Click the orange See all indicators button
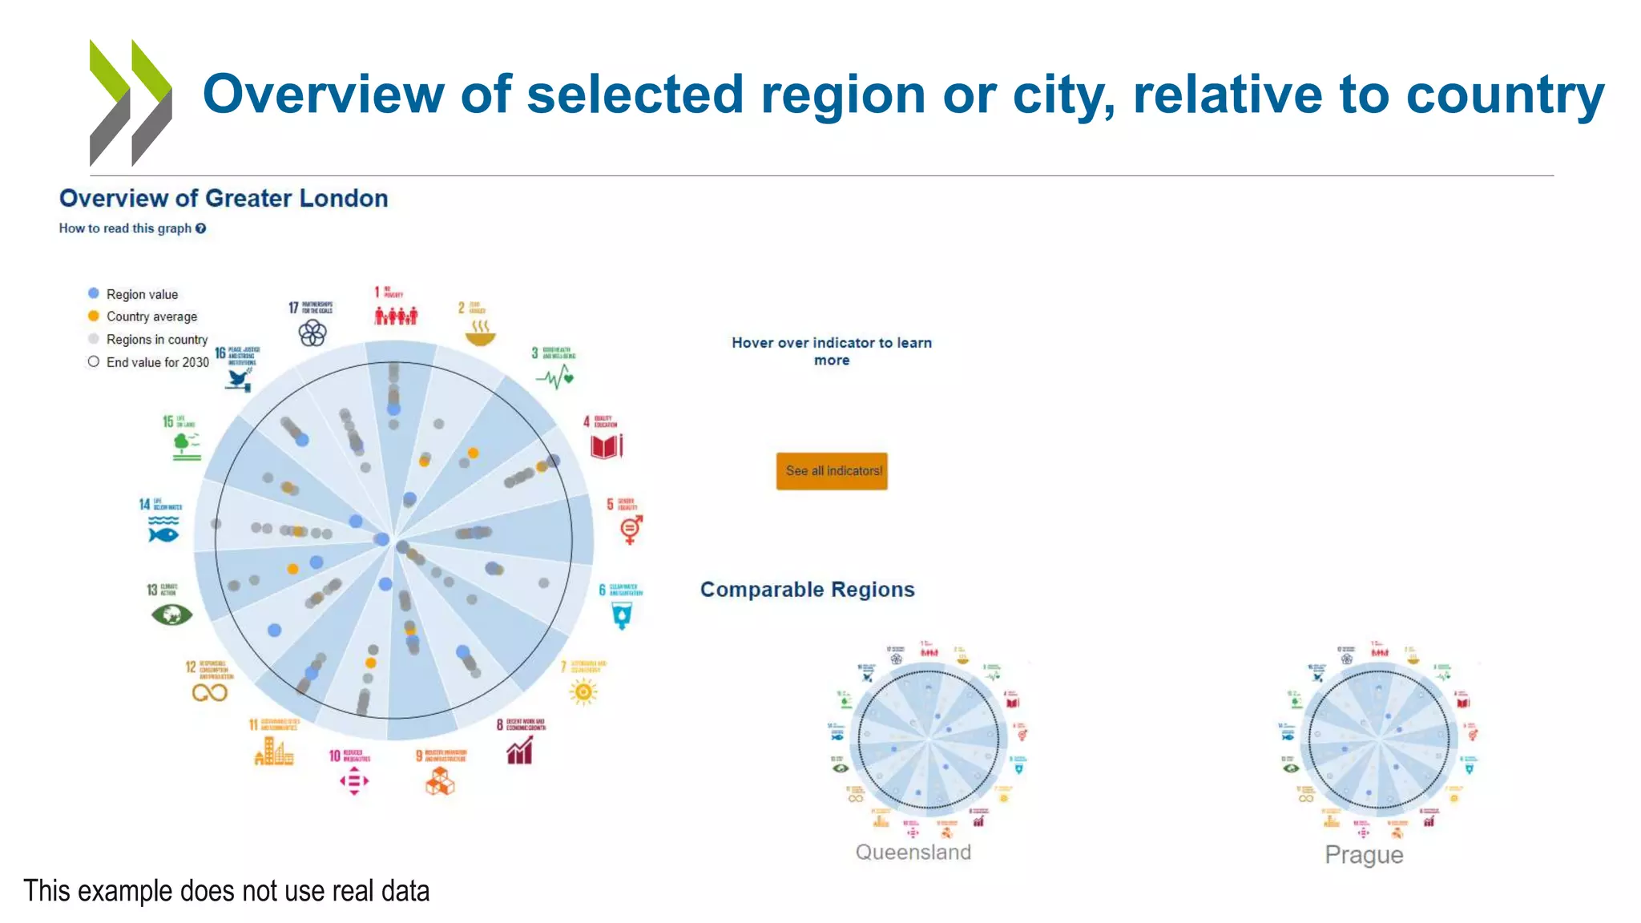[x=832, y=471]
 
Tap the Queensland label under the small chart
[x=913, y=852]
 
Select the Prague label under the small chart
[x=1364, y=855]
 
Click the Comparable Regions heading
[x=807, y=590]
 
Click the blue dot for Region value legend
[x=94, y=293]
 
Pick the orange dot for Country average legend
[x=94, y=316]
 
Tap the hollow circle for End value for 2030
[x=94, y=361]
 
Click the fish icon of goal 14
[x=163, y=530]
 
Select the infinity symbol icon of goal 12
[x=210, y=692]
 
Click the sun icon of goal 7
[x=583, y=691]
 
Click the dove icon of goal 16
[x=239, y=379]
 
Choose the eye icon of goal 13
[x=171, y=615]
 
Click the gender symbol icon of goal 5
[x=631, y=529]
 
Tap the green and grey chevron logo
[x=131, y=103]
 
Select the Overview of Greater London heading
[x=224, y=199]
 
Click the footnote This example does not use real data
[x=226, y=891]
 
